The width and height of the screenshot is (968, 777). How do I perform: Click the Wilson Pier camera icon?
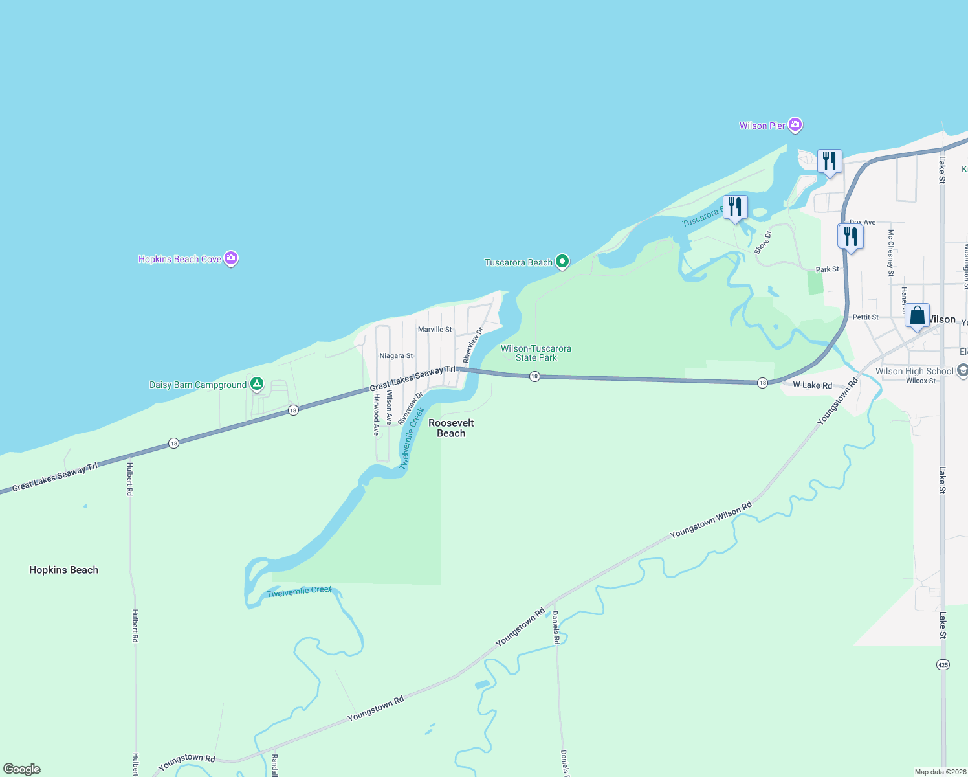click(x=795, y=125)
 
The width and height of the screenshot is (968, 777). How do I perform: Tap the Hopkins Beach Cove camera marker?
click(x=231, y=258)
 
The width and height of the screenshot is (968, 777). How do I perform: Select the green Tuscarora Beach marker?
click(x=562, y=262)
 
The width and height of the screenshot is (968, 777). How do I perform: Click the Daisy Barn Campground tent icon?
click(x=257, y=384)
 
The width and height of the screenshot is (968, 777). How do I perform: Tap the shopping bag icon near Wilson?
click(x=917, y=316)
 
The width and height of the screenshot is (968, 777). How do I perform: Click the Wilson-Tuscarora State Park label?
click(x=536, y=353)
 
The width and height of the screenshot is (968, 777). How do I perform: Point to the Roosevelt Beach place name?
click(x=451, y=428)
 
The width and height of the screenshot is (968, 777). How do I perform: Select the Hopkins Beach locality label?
click(x=64, y=570)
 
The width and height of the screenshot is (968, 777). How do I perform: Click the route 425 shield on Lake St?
click(x=943, y=664)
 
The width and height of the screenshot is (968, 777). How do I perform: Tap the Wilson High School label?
click(x=914, y=371)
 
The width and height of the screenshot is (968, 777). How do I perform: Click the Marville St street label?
click(x=435, y=330)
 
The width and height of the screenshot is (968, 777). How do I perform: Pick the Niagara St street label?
click(x=396, y=356)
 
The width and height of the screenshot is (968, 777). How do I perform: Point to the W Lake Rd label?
click(x=813, y=385)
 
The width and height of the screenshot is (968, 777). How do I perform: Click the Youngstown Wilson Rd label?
click(x=711, y=519)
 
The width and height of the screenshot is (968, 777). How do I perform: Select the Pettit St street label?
click(x=865, y=317)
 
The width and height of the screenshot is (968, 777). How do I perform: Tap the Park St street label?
click(x=827, y=269)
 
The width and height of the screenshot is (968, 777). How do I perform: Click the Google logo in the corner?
click(x=22, y=769)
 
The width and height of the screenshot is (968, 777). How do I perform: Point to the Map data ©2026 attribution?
click(x=940, y=772)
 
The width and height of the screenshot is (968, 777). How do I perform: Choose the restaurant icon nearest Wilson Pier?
click(x=829, y=161)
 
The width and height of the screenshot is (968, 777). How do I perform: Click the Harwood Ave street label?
click(x=376, y=414)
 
